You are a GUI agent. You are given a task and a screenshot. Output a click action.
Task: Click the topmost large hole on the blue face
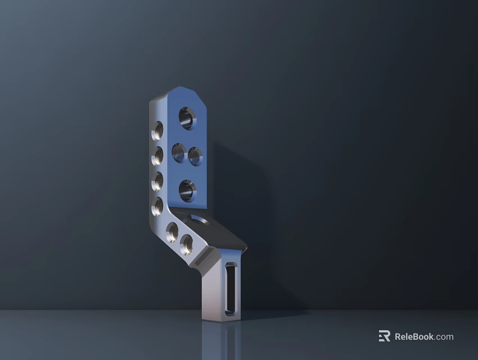(x=187, y=118)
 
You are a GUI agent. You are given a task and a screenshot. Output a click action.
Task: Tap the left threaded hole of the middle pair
(x=179, y=152)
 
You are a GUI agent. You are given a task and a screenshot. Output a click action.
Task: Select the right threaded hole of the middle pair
(x=195, y=155)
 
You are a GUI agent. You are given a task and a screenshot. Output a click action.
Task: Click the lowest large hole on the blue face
(x=187, y=191)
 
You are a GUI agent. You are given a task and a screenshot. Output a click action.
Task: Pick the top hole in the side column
(x=158, y=130)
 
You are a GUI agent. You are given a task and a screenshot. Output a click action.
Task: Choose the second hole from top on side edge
(x=157, y=156)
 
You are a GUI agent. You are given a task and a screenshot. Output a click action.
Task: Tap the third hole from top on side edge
(x=157, y=181)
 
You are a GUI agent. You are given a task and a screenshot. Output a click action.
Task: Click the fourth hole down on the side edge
(x=157, y=206)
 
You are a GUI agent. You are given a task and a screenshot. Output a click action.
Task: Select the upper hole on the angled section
(x=172, y=231)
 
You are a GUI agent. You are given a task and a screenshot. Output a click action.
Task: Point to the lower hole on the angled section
(x=186, y=245)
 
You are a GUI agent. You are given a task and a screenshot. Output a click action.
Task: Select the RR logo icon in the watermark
(x=384, y=336)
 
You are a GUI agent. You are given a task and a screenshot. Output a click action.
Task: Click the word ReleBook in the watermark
(x=414, y=337)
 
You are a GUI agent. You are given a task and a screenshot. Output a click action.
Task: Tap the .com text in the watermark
(x=444, y=337)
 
